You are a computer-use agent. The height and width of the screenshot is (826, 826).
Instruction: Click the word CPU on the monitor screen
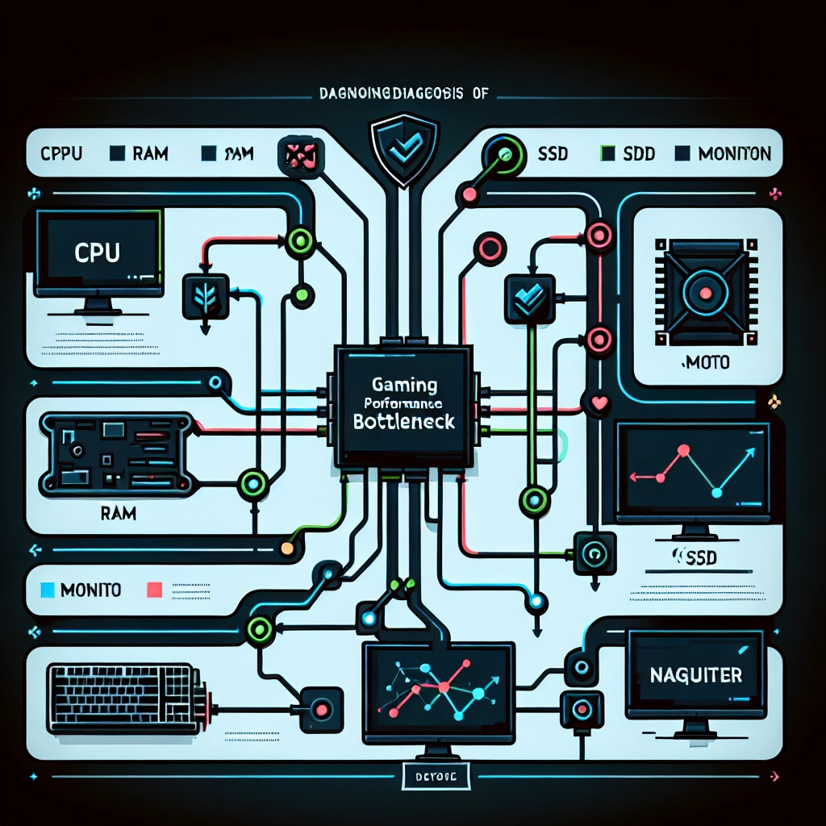[x=97, y=252]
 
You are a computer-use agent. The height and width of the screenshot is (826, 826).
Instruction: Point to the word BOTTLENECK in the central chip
[x=404, y=421]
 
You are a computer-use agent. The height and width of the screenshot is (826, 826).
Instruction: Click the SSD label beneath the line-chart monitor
[x=695, y=557]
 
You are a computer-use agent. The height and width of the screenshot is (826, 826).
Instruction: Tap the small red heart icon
[x=599, y=403]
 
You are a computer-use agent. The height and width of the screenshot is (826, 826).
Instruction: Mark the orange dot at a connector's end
[x=285, y=549]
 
